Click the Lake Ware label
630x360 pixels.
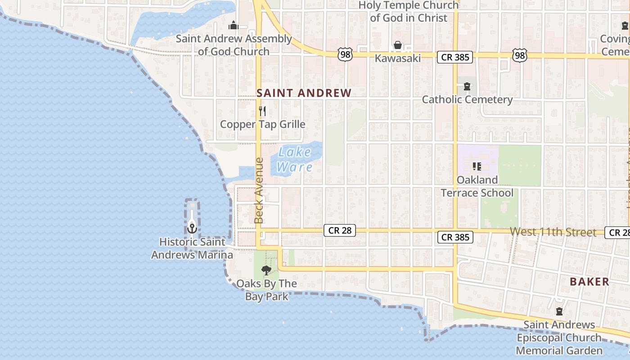click(x=295, y=159)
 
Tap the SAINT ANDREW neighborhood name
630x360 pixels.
click(x=304, y=93)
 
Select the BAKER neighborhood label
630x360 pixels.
click(x=589, y=282)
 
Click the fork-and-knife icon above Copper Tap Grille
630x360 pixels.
click(x=262, y=111)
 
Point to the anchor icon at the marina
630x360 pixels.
click(x=192, y=228)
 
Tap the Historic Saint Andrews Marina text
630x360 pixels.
click(x=192, y=248)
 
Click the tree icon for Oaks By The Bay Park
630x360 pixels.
click(x=266, y=270)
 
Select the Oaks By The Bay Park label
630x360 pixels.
click(x=266, y=290)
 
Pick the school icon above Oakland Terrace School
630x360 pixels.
click(x=477, y=167)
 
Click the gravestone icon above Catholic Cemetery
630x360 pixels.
click(x=467, y=86)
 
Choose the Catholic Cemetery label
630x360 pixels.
click(x=467, y=99)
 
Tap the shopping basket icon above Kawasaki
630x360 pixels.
click(x=398, y=45)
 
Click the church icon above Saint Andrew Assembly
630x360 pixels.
click(x=233, y=25)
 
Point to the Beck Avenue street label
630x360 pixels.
click(x=259, y=190)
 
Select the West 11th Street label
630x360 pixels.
click(x=553, y=232)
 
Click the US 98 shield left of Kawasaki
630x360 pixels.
click(x=345, y=55)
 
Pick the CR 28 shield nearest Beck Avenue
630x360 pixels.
click(x=340, y=230)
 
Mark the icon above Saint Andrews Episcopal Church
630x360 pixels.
click(x=559, y=311)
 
